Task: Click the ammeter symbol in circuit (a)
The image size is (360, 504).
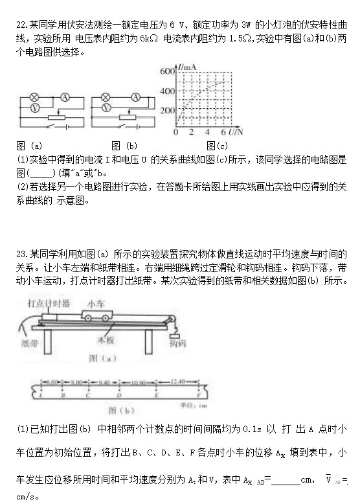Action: pos(64,97)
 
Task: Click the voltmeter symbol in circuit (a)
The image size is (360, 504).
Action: pos(36,105)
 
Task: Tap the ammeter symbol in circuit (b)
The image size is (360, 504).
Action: pos(135,97)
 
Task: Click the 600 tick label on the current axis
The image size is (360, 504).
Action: pos(167,71)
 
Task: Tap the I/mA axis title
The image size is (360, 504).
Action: pos(188,67)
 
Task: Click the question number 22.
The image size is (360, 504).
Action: pos(23,25)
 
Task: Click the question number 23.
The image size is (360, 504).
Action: pos(23,254)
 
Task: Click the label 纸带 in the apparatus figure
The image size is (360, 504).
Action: pos(30,343)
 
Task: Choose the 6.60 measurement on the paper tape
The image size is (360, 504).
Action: pos(54,382)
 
